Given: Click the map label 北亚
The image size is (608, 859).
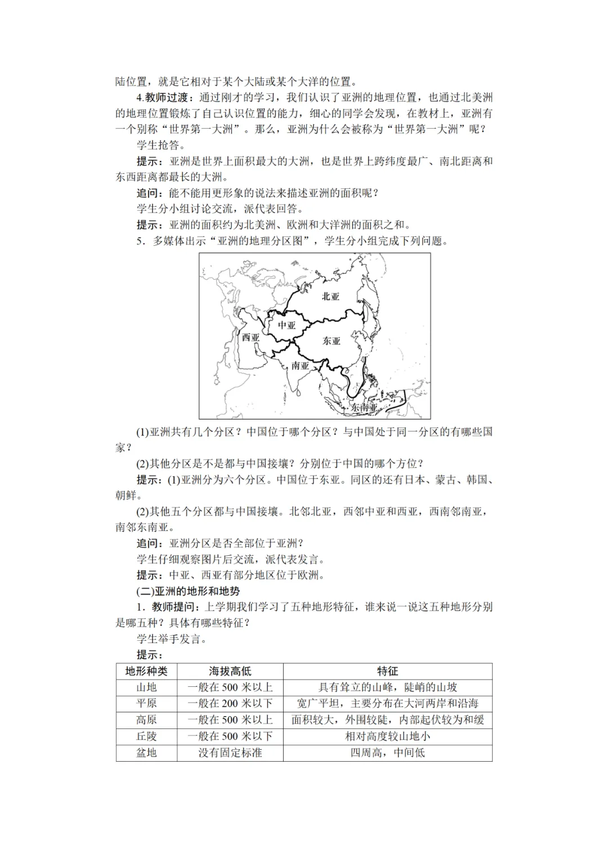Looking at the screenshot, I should pos(330,296).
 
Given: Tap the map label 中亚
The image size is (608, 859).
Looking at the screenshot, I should pos(287,325).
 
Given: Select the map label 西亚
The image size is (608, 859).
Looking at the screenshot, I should pos(251,338).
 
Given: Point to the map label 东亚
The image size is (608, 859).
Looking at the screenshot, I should pos(332,341).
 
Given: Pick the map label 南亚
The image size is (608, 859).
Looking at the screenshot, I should pos(300,366).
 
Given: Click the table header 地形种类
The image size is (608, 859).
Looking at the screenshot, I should pos(146,671).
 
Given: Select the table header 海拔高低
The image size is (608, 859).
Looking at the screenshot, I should pos(230,671).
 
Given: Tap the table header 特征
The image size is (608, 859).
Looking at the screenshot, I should pos(387,671).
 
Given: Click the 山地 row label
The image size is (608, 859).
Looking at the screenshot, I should pos(146,687).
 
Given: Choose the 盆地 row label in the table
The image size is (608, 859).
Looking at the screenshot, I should pos(146,753).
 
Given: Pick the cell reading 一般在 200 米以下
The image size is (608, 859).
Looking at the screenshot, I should pos(230,704).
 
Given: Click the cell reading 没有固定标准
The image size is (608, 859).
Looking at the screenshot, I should pos(230,753).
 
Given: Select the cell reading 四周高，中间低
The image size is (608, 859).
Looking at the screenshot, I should pos(387,753).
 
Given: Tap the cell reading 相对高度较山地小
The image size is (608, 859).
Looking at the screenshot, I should pos(387,736).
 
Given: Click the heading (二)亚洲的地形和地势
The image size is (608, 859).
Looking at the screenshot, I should pos(188,591).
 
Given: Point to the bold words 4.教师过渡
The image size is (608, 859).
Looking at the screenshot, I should pos(165,97).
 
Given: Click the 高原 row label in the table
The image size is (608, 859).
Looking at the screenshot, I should pos(146,720).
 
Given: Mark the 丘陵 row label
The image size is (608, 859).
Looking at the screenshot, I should pos(146,736).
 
